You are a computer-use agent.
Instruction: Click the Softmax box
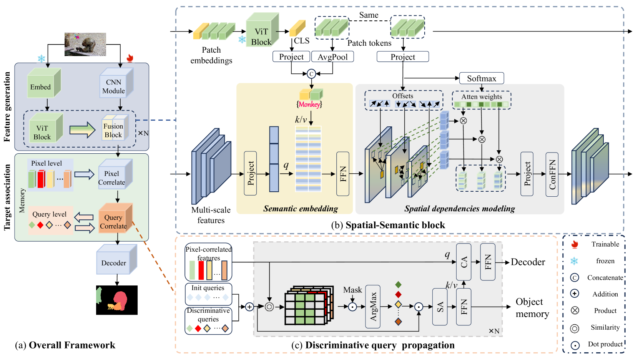point(481,78)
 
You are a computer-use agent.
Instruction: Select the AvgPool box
point(333,57)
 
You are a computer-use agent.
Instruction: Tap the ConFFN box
point(552,174)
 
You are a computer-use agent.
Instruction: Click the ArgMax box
point(373,307)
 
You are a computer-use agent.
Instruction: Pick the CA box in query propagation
point(464,262)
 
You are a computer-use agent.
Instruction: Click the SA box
point(440,307)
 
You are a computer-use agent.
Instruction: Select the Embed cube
point(44,83)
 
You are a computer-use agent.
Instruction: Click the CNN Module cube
point(116,83)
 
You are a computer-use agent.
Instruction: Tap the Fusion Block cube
point(115,127)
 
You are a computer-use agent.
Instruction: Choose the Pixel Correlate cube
point(115,174)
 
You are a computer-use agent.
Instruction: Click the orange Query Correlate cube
point(115,218)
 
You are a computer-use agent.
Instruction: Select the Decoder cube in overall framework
point(116,259)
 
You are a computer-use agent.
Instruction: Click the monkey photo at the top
point(85,44)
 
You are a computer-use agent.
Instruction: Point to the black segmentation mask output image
point(117,300)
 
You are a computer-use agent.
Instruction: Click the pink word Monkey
point(309,105)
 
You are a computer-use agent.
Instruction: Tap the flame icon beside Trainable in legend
point(575,244)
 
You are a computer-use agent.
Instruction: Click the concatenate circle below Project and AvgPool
point(311,74)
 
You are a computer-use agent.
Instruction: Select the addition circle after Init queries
point(249,307)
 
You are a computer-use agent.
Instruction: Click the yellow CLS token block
point(297,28)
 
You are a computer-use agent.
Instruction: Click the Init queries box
point(208,294)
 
